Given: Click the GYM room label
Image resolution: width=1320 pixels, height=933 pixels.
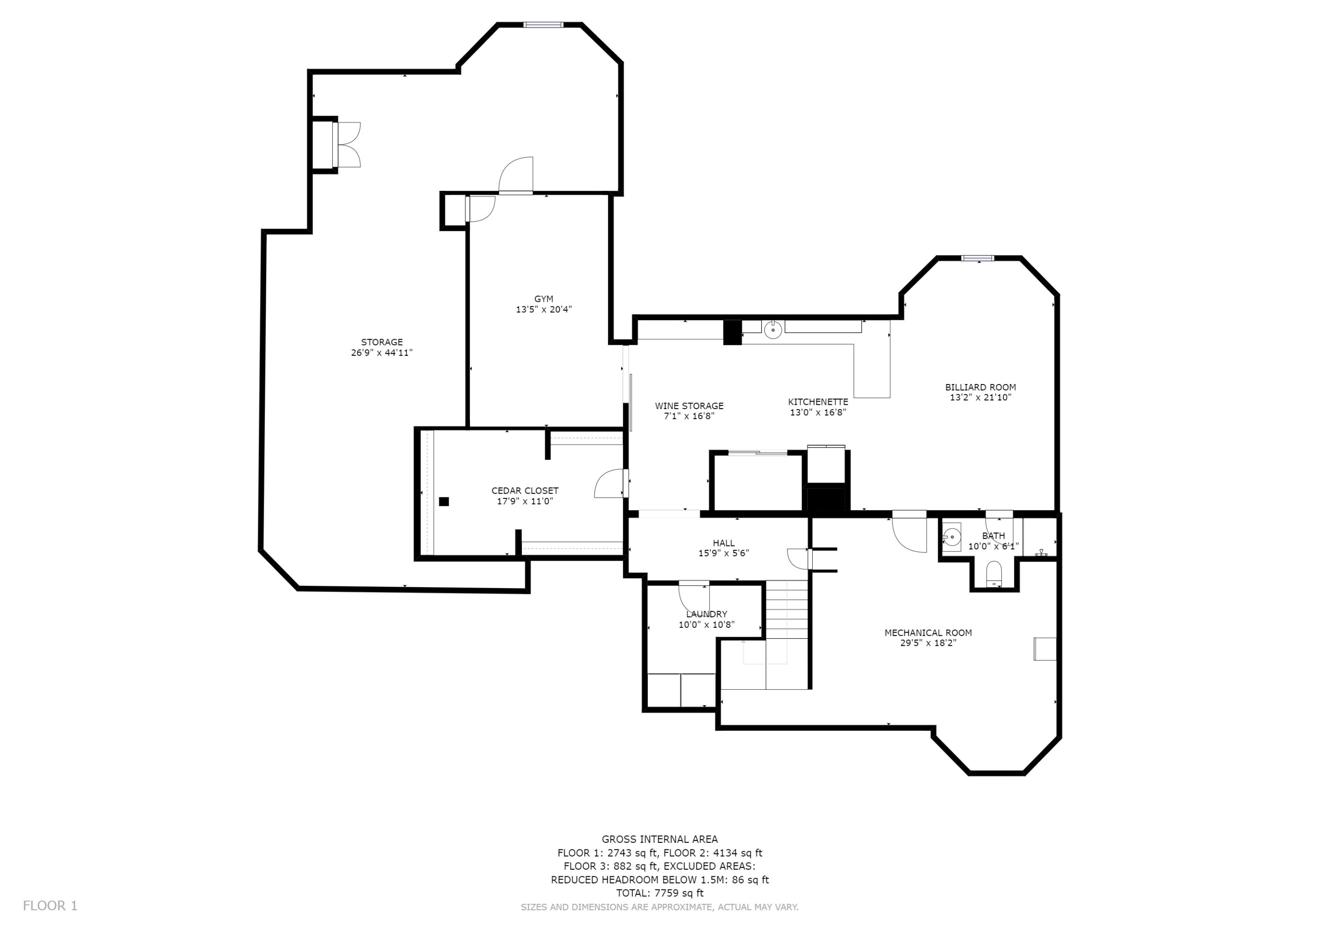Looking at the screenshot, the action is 543,299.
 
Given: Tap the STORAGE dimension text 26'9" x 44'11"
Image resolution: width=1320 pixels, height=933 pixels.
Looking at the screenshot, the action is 382,353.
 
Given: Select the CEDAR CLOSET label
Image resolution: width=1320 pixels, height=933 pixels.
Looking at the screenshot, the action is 525,491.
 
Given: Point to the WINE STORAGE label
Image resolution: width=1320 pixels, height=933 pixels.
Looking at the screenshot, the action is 689,406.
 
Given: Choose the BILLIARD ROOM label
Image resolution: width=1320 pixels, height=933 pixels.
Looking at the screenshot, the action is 981,388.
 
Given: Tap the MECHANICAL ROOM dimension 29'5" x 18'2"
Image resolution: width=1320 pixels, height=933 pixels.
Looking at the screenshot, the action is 928,643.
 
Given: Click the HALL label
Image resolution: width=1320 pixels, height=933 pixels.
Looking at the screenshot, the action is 724,543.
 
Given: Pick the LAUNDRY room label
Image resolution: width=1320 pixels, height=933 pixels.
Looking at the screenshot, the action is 707,614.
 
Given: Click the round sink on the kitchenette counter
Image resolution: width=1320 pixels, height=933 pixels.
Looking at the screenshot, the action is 773,329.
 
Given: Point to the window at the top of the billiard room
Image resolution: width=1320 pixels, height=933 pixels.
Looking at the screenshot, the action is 978,258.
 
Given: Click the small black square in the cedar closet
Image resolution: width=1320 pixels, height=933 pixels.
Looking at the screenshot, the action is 444,501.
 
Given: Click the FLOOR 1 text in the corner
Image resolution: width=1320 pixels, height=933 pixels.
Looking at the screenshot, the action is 50,906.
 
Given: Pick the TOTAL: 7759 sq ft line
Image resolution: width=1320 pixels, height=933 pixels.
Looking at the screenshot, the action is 660,893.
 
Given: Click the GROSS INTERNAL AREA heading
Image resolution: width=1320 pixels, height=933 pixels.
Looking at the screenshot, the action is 660,839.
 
